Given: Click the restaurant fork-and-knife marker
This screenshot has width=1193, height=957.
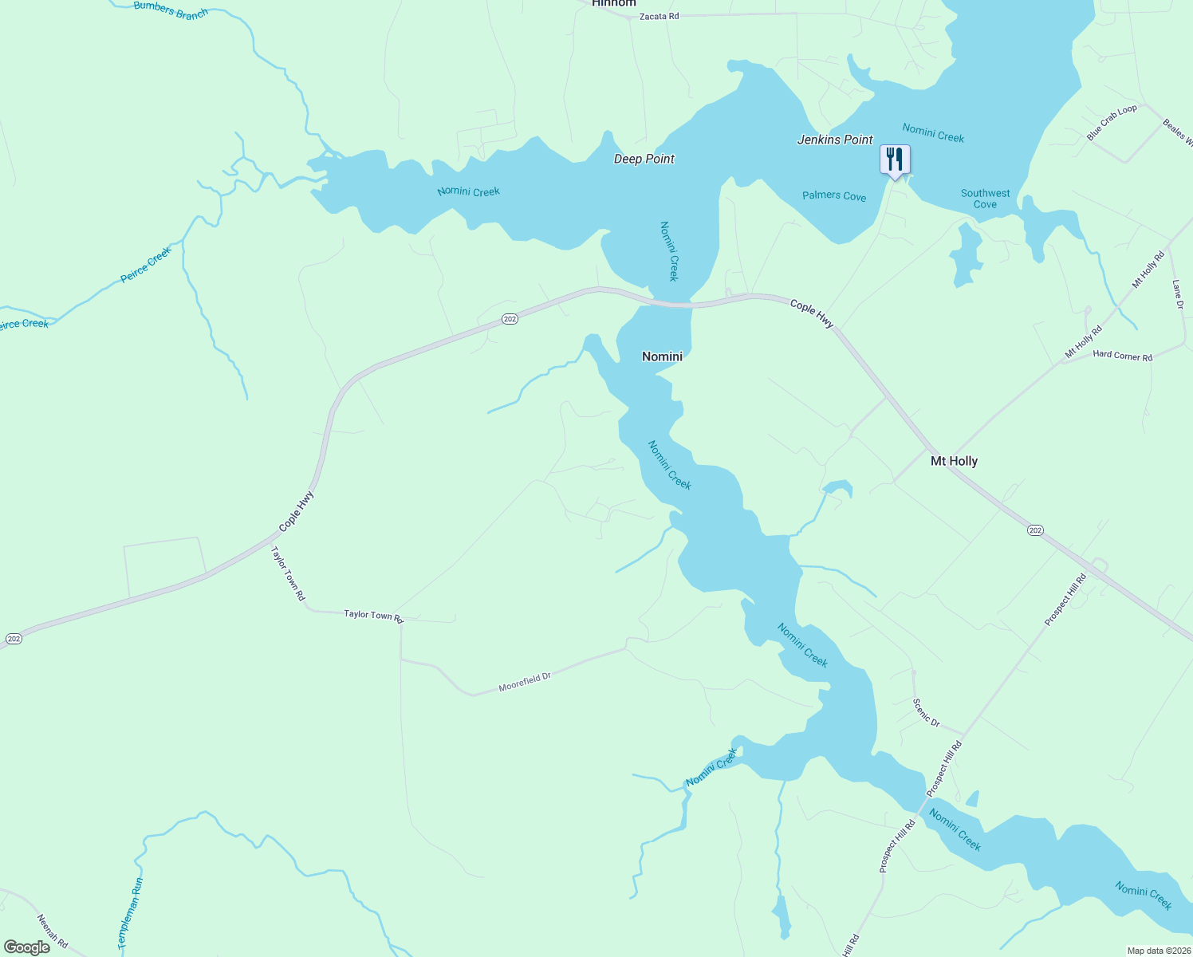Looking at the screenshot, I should tap(894, 159).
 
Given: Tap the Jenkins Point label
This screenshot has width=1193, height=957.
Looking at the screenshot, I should tap(835, 140).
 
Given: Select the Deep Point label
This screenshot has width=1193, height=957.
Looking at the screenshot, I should tap(644, 159).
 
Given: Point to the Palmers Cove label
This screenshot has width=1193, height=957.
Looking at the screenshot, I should tap(833, 196).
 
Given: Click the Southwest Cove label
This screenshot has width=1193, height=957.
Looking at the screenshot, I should tap(985, 199).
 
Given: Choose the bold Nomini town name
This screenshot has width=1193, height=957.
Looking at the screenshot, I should tap(662, 356).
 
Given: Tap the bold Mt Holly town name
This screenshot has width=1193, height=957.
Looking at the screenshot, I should tap(954, 461).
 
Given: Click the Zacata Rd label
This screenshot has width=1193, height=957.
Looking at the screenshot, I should tap(659, 16).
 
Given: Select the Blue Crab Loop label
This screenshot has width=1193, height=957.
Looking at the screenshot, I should tap(1112, 123).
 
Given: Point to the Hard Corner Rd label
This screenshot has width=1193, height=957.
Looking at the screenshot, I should tap(1122, 356).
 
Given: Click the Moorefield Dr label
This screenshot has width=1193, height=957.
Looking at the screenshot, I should tap(525, 682).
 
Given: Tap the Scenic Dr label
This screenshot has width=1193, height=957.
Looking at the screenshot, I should tap(926, 712).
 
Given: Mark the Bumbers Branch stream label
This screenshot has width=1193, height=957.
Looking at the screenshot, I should tap(171, 10).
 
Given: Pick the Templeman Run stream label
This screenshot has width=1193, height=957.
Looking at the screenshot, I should tap(131, 913).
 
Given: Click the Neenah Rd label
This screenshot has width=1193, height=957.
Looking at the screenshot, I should tap(53, 933).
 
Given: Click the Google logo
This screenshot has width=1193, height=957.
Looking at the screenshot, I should tap(26, 947).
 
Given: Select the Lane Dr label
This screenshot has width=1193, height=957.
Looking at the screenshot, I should tap(1178, 294).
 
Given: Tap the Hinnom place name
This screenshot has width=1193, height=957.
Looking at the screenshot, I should tap(614, 3).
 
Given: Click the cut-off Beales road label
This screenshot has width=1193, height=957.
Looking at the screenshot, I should tap(1177, 132).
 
